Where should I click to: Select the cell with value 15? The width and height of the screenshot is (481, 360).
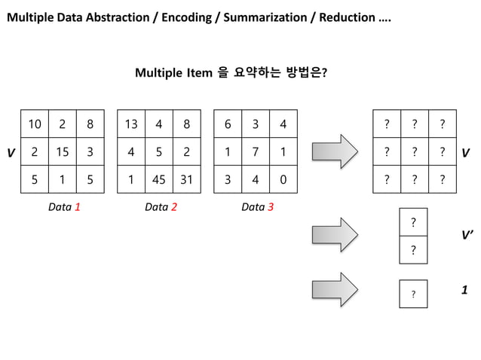[63, 152]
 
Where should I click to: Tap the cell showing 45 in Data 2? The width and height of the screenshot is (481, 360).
[158, 180]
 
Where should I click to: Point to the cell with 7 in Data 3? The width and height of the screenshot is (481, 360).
[256, 152]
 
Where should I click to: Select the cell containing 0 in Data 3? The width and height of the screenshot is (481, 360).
[283, 180]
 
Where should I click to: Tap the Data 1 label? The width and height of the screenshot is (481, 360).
[64, 207]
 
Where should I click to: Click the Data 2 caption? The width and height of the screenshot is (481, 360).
[161, 207]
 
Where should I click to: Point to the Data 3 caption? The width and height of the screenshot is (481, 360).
[257, 207]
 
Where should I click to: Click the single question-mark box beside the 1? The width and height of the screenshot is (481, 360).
[413, 293]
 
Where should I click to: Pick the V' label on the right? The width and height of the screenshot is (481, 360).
[467, 235]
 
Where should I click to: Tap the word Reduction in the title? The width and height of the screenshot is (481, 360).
[345, 17]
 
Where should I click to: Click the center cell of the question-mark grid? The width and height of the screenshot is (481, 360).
[414, 152]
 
